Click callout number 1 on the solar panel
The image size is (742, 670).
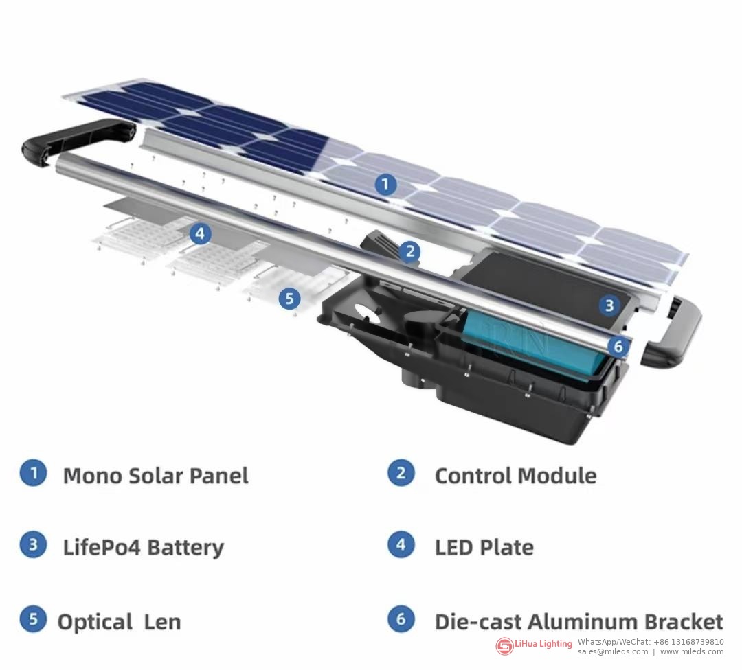tap(385, 184)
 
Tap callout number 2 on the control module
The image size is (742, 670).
tap(409, 251)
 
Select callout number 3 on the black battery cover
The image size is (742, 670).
tap(609, 305)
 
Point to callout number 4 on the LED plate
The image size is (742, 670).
tap(200, 233)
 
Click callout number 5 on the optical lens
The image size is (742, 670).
tap(289, 299)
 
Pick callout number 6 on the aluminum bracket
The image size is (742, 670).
tap(618, 347)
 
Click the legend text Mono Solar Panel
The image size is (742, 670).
tap(156, 476)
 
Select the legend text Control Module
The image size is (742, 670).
tap(515, 476)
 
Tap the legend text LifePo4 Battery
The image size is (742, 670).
tap(144, 548)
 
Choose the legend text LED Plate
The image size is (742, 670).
tap(484, 548)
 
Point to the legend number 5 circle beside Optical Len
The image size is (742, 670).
tap(33, 619)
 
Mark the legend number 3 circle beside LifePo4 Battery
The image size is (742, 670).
tap(33, 544)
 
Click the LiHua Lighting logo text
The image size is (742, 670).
tap(543, 643)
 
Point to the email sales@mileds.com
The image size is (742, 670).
tap(612, 651)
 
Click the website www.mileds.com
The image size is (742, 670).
tap(691, 651)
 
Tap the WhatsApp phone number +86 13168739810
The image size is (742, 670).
tap(688, 642)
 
